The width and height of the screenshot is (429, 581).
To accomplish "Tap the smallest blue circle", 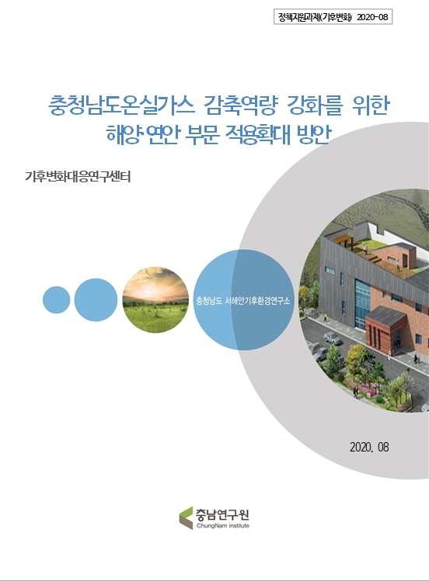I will click(x=56, y=299).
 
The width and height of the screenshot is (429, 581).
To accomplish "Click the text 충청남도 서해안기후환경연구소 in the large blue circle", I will click(x=242, y=300).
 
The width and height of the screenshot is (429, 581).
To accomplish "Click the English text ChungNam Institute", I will click(x=224, y=525).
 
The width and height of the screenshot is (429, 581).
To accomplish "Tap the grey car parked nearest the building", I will click(x=332, y=338).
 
